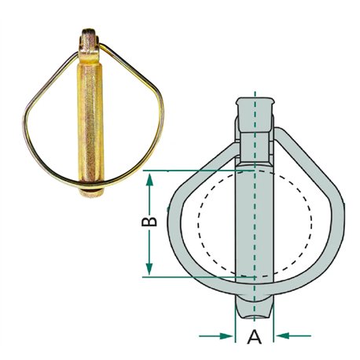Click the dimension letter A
point(254,336)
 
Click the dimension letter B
point(149,222)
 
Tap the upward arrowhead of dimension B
point(149,180)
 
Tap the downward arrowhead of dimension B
point(149,268)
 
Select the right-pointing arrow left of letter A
point(215,336)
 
